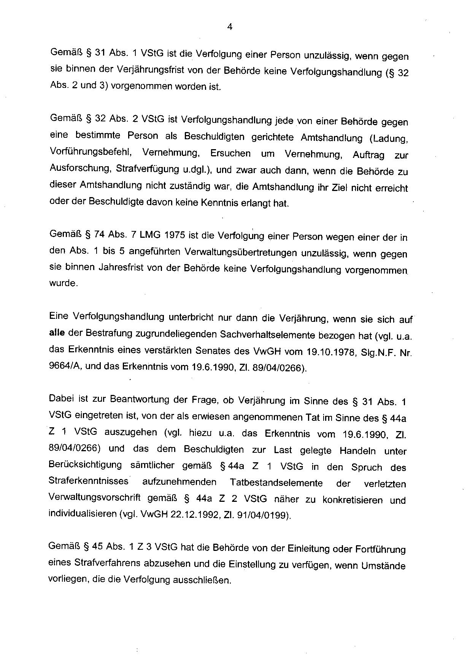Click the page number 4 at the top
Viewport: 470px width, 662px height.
click(x=229, y=27)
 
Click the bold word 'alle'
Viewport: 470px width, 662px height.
click(x=57, y=333)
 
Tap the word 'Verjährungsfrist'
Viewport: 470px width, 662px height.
click(x=149, y=70)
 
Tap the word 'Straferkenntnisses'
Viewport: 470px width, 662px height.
click(x=89, y=481)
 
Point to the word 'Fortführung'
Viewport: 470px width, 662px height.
click(x=380, y=550)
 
